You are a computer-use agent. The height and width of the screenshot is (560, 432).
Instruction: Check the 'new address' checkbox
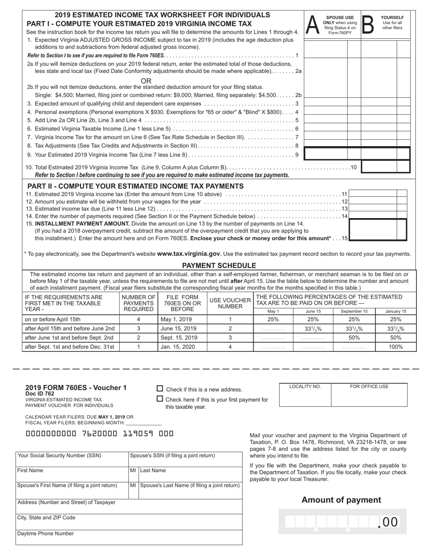pos(160,389)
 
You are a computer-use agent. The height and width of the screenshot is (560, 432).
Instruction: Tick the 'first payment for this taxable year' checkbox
pos(160,399)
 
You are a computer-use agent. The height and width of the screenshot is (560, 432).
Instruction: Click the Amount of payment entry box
pos(342,521)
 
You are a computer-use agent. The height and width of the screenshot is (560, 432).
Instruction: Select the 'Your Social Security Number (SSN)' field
pos(72,459)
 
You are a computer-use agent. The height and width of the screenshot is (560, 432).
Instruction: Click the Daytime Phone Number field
pos(129,537)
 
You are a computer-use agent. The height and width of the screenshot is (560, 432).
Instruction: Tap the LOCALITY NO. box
pos(305,395)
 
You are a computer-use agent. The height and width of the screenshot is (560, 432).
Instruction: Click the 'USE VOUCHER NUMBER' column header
pos(230,303)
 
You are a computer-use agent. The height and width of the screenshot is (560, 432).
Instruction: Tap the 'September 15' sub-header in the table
pos(354,311)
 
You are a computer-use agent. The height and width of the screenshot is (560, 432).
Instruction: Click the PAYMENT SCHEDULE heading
pos(219,265)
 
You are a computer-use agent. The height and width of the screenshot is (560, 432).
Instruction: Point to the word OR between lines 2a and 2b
pos(146,81)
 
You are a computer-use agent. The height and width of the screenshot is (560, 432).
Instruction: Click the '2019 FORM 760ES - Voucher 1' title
pos(76,388)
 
